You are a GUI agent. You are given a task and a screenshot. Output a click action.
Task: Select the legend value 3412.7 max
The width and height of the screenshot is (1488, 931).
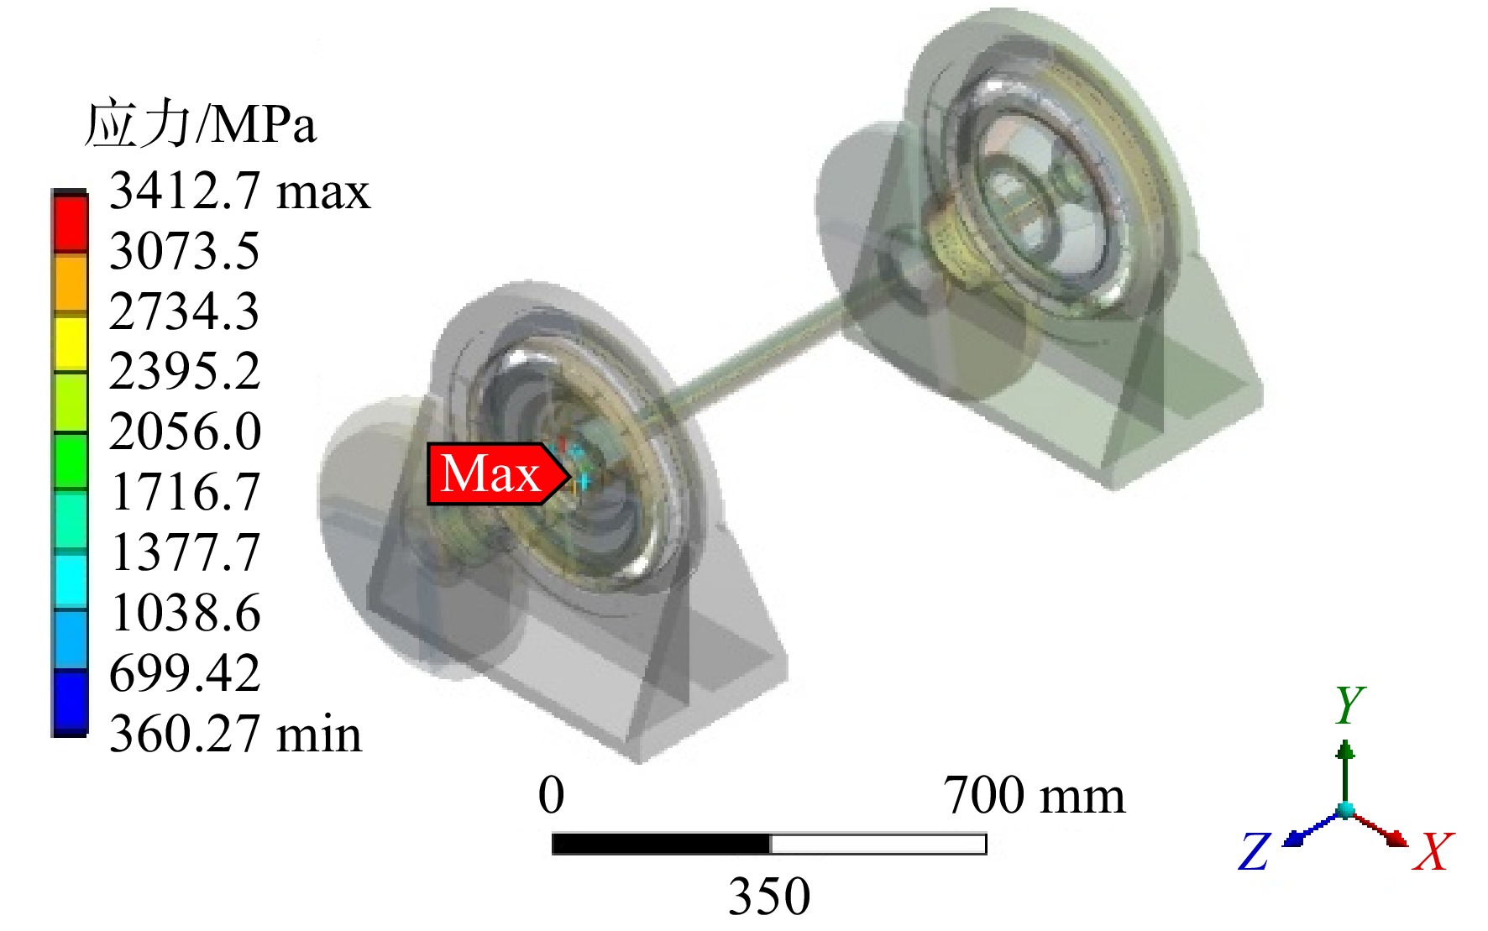(239, 191)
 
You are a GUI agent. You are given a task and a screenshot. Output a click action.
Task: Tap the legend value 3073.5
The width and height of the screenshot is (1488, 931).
(185, 251)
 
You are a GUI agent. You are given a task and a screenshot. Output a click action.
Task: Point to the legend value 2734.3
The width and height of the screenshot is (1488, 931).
(185, 311)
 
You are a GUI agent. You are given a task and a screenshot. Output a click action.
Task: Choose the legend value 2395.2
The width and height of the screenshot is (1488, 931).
(185, 371)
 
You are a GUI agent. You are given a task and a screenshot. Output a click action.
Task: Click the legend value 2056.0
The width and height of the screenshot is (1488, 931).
(185, 432)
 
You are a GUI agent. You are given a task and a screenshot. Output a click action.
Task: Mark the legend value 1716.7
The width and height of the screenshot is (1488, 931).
(185, 492)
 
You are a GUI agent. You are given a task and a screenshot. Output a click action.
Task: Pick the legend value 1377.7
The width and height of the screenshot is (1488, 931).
(185, 552)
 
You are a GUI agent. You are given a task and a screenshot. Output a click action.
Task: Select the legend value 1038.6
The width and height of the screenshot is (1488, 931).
(185, 613)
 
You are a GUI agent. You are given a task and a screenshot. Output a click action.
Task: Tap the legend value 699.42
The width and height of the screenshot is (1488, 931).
(185, 673)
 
